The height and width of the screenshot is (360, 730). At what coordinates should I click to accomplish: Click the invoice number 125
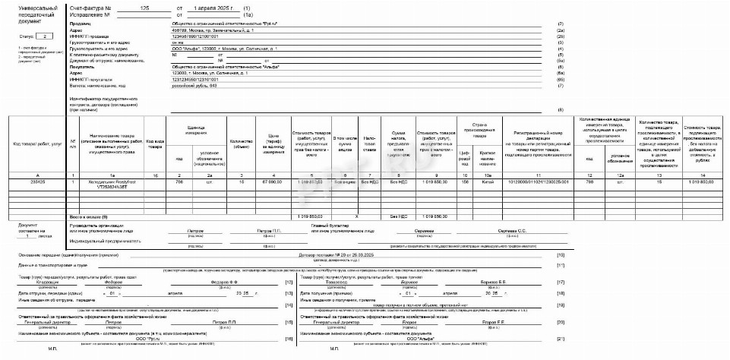[x=145, y=7]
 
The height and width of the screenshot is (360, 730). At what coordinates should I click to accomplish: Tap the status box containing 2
[x=46, y=36]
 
